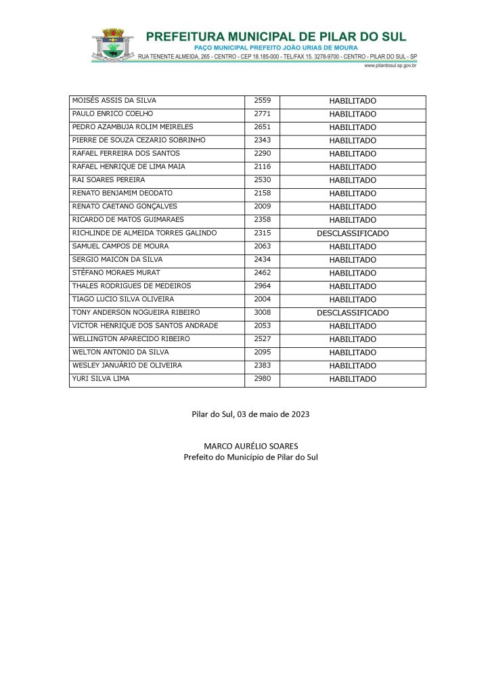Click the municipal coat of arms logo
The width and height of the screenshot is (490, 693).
(x=112, y=45)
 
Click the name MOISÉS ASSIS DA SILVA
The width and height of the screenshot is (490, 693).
(x=114, y=101)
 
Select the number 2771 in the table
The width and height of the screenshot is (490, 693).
(x=262, y=114)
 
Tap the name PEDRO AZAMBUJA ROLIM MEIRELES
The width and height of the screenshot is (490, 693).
(x=133, y=127)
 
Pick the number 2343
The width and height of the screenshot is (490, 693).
(x=262, y=140)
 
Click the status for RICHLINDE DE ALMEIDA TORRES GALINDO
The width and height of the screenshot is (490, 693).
(x=353, y=233)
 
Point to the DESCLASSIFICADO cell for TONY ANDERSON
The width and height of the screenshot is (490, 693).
(x=353, y=313)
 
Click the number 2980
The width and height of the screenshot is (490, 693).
(x=262, y=379)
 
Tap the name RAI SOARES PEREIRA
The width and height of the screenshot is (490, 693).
(x=108, y=180)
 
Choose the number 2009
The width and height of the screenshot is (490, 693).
(x=262, y=206)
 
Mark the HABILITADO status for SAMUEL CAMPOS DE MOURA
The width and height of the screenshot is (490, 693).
(x=353, y=247)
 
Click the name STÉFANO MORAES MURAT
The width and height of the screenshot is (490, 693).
(x=116, y=273)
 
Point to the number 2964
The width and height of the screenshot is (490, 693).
(x=262, y=286)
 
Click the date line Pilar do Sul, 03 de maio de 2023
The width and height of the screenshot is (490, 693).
(x=250, y=414)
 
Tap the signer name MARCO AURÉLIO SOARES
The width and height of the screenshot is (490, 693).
(x=250, y=446)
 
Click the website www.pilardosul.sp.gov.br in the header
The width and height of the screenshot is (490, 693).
(x=390, y=66)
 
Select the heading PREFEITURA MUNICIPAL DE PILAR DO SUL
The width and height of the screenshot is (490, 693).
(x=276, y=37)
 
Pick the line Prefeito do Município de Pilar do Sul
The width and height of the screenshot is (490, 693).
(x=250, y=457)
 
